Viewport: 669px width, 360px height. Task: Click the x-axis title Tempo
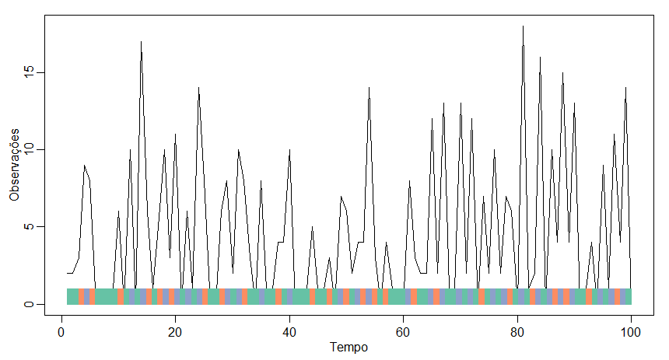coord(349,347)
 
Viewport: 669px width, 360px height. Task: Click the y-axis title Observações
coord(14,166)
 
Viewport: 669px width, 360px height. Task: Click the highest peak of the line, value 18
coord(523,26)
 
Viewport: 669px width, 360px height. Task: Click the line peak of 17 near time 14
coord(141,42)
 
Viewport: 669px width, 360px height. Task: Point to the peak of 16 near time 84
coord(540,57)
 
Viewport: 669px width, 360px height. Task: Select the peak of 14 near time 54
coord(369,88)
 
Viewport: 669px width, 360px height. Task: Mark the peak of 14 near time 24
coord(198,88)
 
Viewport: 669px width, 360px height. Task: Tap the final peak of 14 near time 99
coord(625,88)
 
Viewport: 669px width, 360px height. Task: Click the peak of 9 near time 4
coord(84,165)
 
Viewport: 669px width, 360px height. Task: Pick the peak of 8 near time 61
coord(409,180)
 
